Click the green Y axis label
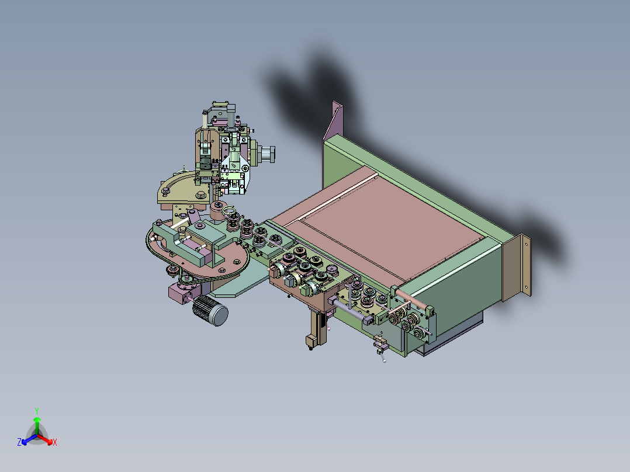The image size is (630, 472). [x=37, y=411]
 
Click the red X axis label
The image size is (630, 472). [x=55, y=442]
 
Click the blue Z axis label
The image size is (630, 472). [x=19, y=442]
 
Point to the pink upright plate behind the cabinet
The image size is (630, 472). [x=333, y=120]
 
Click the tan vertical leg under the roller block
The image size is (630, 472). [x=317, y=327]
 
